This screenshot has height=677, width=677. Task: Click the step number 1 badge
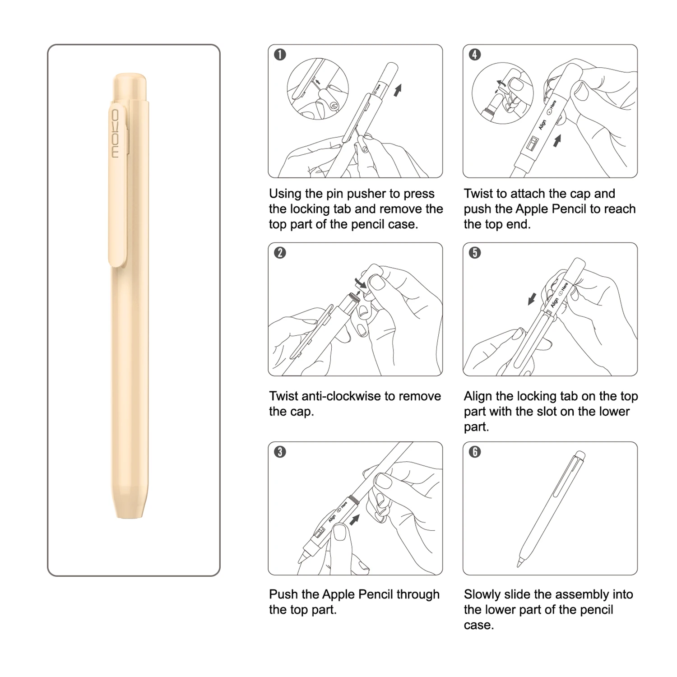[x=280, y=55]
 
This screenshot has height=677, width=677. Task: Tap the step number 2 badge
[x=280, y=253]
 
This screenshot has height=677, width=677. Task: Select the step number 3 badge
[x=280, y=452]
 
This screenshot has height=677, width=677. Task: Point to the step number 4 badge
[x=475, y=55]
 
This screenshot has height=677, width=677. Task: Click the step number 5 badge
[x=475, y=253]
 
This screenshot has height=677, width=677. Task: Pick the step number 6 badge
[x=475, y=452]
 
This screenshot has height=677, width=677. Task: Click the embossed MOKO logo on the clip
[x=116, y=134]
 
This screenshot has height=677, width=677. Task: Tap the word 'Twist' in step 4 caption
[x=478, y=194]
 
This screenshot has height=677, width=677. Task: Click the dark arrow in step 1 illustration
[x=398, y=90]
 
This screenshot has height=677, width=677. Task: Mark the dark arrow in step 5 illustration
[x=532, y=298]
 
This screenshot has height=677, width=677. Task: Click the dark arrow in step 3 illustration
[x=355, y=520]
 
